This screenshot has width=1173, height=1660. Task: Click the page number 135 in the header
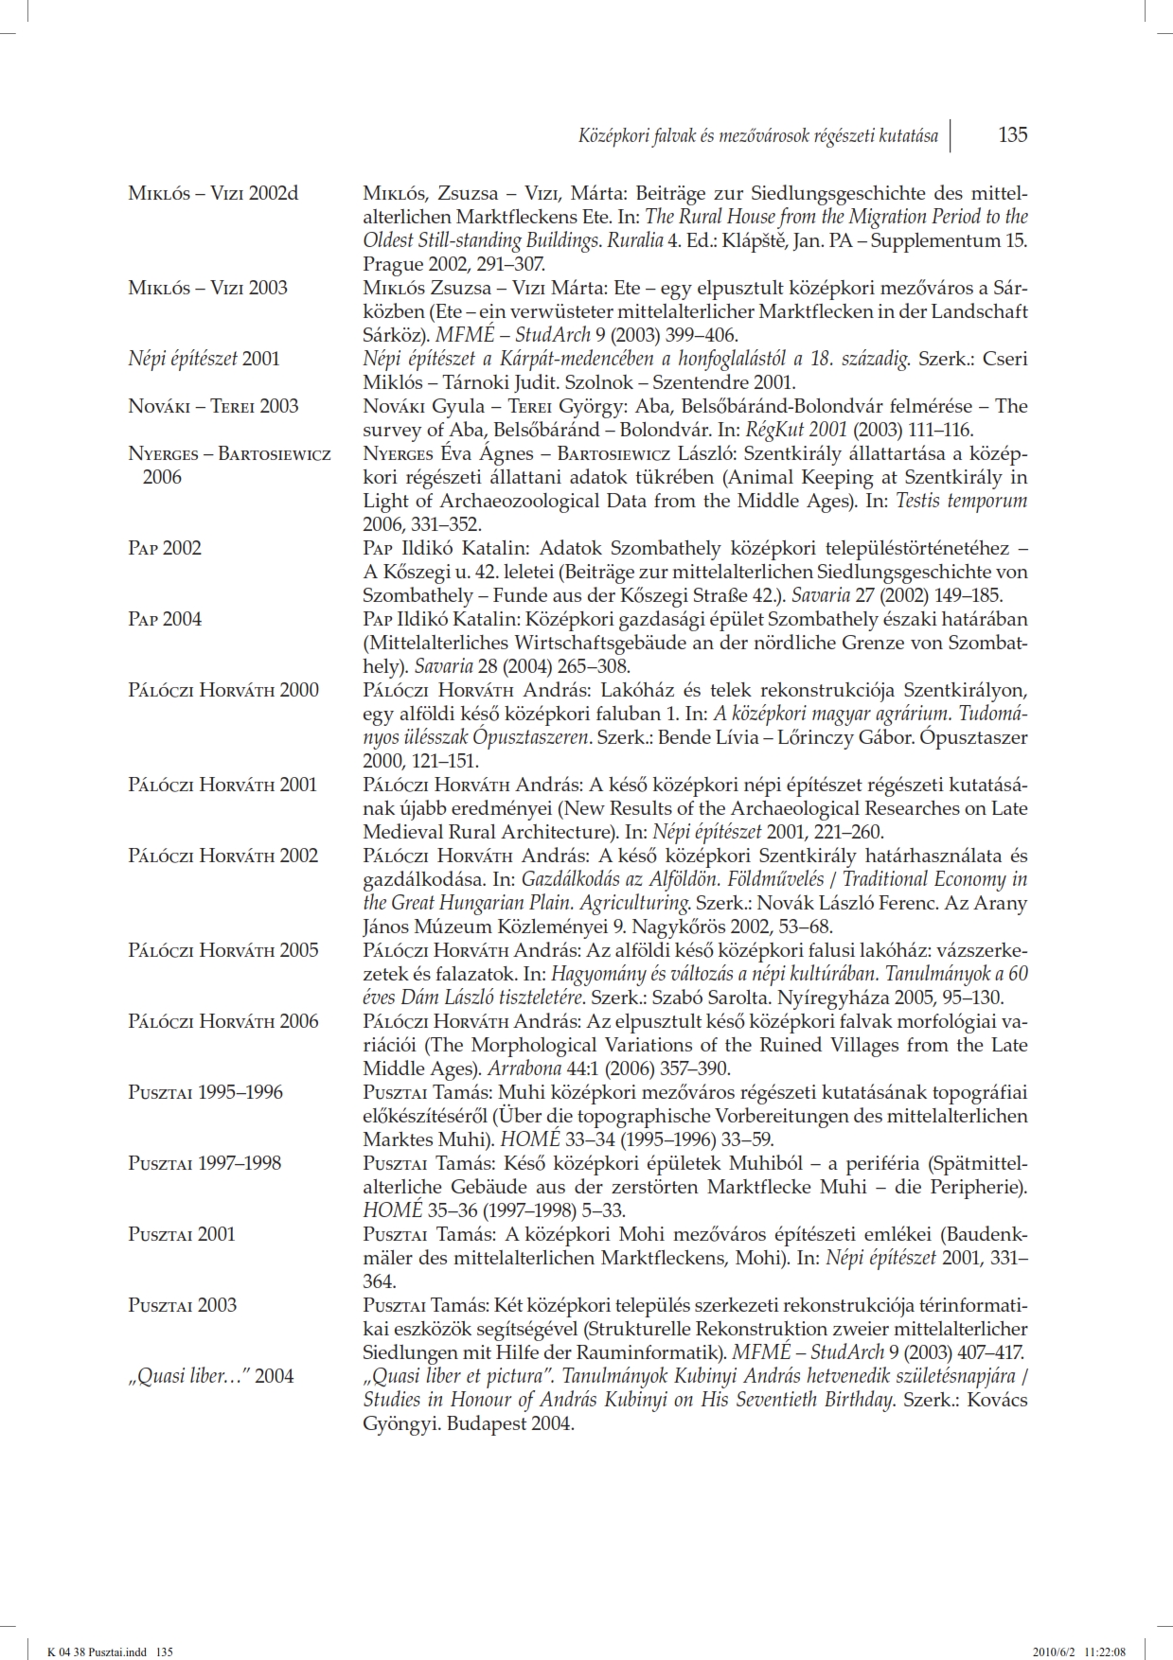click(1012, 135)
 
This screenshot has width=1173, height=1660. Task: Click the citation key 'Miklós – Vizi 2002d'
click(213, 193)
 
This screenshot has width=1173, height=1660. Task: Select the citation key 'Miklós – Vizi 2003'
click(207, 288)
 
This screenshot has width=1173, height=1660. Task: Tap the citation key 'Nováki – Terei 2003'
click(213, 406)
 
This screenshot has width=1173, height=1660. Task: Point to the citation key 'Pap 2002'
click(165, 548)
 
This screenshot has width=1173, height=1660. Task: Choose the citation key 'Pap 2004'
click(165, 619)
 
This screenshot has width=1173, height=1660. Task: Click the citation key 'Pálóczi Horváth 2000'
click(223, 690)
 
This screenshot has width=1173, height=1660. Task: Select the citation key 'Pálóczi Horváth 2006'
click(223, 1021)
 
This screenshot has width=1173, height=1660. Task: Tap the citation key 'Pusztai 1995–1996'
click(205, 1092)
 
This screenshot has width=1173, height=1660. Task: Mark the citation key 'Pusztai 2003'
click(182, 1305)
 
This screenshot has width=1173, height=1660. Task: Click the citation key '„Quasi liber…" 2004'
click(210, 1376)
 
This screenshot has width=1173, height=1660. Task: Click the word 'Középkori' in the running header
click(613, 136)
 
